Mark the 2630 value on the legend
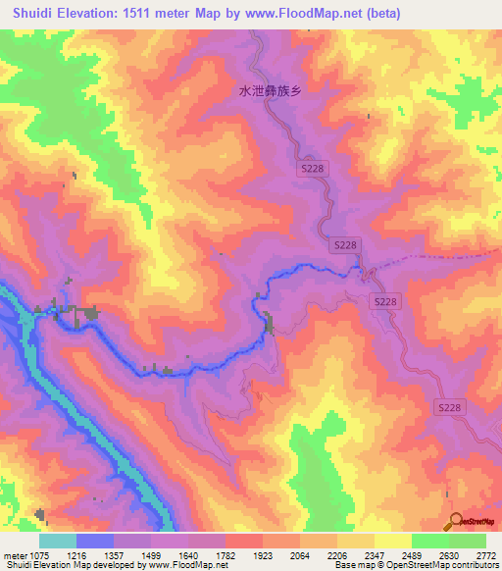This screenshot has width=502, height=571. pyautogui.click(x=447, y=555)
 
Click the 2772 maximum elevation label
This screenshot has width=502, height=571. pyautogui.click(x=485, y=555)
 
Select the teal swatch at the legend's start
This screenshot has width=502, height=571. pyautogui.click(x=58, y=541)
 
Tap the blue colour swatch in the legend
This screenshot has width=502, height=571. pyautogui.click(x=96, y=541)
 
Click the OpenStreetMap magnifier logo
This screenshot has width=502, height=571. pyautogui.click(x=453, y=519)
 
